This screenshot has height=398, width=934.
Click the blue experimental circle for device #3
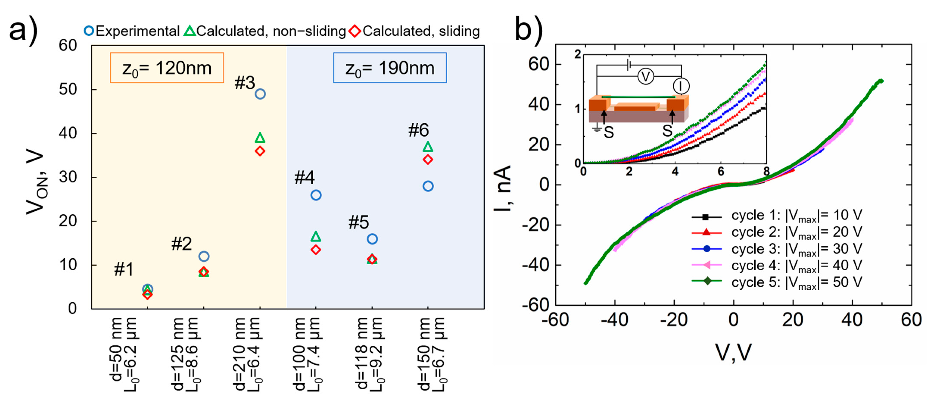pos(260,94)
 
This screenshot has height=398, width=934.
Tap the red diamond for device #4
pos(316,250)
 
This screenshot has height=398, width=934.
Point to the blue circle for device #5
pos(372,239)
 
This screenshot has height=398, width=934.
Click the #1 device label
pos(124,269)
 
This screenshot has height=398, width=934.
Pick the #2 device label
pos(181,244)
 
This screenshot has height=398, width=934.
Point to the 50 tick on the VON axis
pos(68,90)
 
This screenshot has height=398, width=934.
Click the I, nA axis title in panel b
pos(503,189)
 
